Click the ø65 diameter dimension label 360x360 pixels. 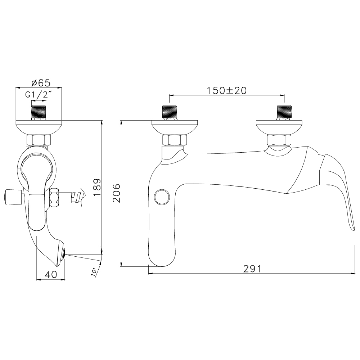[41, 83]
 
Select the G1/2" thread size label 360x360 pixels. [38, 95]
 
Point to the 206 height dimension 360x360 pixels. [116, 193]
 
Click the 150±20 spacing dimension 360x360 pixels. [227, 90]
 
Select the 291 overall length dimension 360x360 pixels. [252, 269]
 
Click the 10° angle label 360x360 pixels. [94, 272]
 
